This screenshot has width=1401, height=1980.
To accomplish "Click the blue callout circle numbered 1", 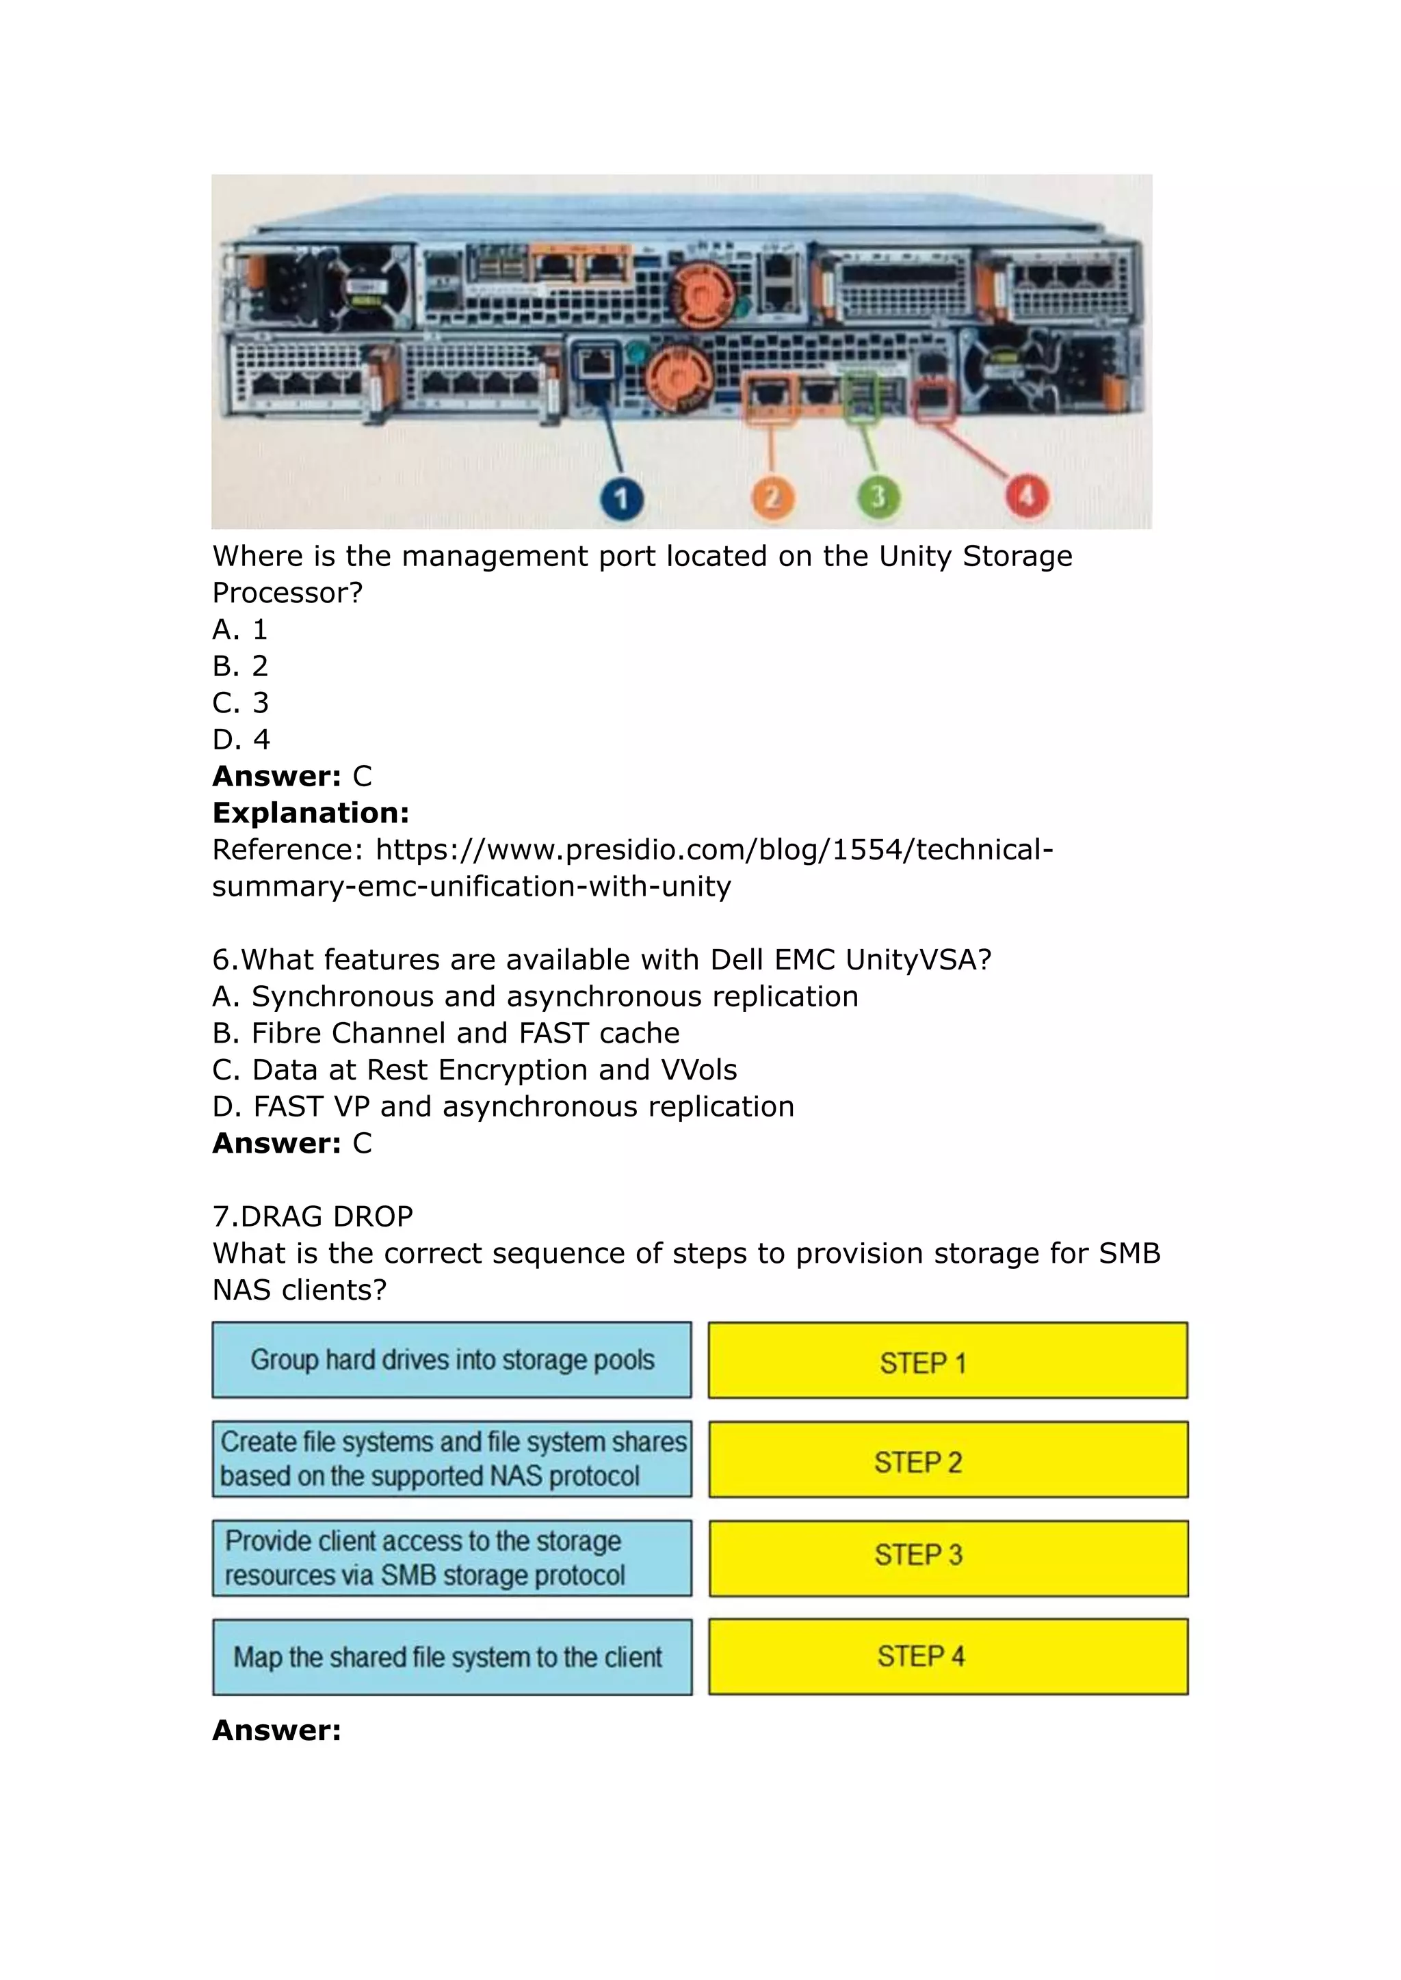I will click(x=621, y=499).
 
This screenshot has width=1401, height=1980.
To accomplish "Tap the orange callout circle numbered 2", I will click(x=772, y=498).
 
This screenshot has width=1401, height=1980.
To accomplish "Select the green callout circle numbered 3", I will click(x=878, y=498).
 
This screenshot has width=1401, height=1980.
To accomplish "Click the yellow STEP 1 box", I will click(x=947, y=1361).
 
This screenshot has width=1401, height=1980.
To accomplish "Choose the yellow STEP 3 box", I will click(x=947, y=1557).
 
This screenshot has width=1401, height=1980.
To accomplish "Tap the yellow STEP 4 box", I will click(x=947, y=1657).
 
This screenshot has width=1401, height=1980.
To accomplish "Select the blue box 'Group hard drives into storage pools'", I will click(x=451, y=1360).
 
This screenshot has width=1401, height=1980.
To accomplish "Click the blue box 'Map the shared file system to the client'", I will click(x=451, y=1657).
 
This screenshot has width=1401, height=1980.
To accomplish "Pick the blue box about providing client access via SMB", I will click(x=451, y=1557).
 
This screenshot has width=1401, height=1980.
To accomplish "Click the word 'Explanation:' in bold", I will click(x=311, y=812).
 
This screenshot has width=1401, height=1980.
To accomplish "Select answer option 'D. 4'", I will click(x=241, y=739).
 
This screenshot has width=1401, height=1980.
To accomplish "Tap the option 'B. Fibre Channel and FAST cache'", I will click(x=445, y=1032).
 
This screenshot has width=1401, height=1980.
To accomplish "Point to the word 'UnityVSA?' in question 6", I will click(x=918, y=959).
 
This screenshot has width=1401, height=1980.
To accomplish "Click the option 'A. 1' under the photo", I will click(x=240, y=630).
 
